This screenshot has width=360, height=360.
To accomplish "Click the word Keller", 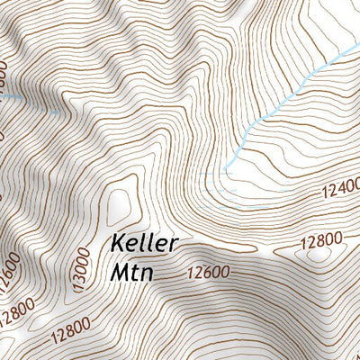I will [x=146, y=244].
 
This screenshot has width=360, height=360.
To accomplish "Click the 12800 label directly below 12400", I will [x=322, y=240].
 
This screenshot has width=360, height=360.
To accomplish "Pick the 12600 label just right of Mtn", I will [x=209, y=272].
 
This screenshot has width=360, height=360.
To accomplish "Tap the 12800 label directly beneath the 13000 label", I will [x=65, y=332].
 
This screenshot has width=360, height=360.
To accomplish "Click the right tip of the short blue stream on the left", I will [x=58, y=112].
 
